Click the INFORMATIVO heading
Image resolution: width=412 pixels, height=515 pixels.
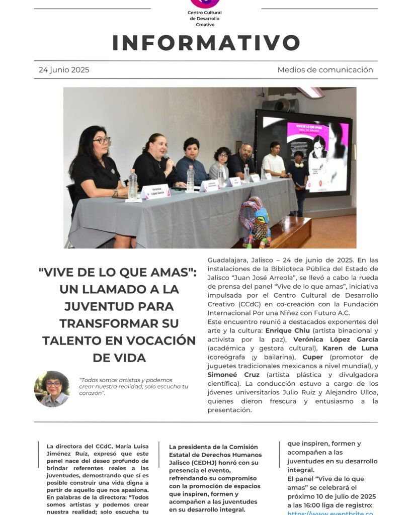[206, 43]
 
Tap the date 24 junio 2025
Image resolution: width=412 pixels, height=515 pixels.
[64, 70]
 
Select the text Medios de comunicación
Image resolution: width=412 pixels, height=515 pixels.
[325, 70]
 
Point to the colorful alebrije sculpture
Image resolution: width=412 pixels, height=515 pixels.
[255, 222]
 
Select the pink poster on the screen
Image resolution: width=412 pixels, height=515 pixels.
[317, 156]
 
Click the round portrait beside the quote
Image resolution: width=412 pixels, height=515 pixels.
[52, 389]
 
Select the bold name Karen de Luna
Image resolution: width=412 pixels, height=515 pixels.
[350, 348]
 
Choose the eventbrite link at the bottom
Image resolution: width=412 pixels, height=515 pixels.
[330, 512]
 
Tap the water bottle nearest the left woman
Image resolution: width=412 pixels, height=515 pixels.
[132, 185]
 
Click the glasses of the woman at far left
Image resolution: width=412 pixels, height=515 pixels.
[102, 141]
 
